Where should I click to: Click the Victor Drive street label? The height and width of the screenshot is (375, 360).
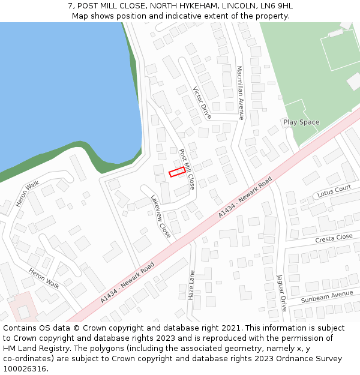tap(202, 102)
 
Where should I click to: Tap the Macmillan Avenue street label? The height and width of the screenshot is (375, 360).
tap(240, 93)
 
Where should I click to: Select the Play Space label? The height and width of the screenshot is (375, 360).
tap(301, 122)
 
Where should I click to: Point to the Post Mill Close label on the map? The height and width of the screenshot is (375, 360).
tap(187, 170)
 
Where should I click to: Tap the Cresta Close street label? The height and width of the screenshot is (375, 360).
tap(334, 238)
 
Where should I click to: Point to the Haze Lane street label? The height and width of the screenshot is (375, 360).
tap(191, 285)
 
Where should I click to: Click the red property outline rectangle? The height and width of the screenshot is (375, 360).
tap(176, 173)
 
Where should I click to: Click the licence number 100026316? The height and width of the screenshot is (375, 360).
tap(25, 369)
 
